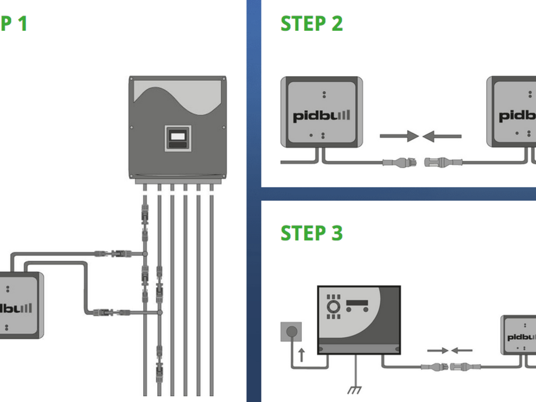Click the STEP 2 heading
312,24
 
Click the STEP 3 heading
312,233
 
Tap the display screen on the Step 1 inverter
178,137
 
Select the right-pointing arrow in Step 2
399,136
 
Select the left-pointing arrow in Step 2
442,136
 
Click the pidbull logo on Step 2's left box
322,115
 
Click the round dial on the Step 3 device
333,306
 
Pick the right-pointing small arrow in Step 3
438,351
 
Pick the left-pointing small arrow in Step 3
462,351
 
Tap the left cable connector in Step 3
435,367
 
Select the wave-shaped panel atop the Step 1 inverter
178,96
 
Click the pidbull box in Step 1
21,306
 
